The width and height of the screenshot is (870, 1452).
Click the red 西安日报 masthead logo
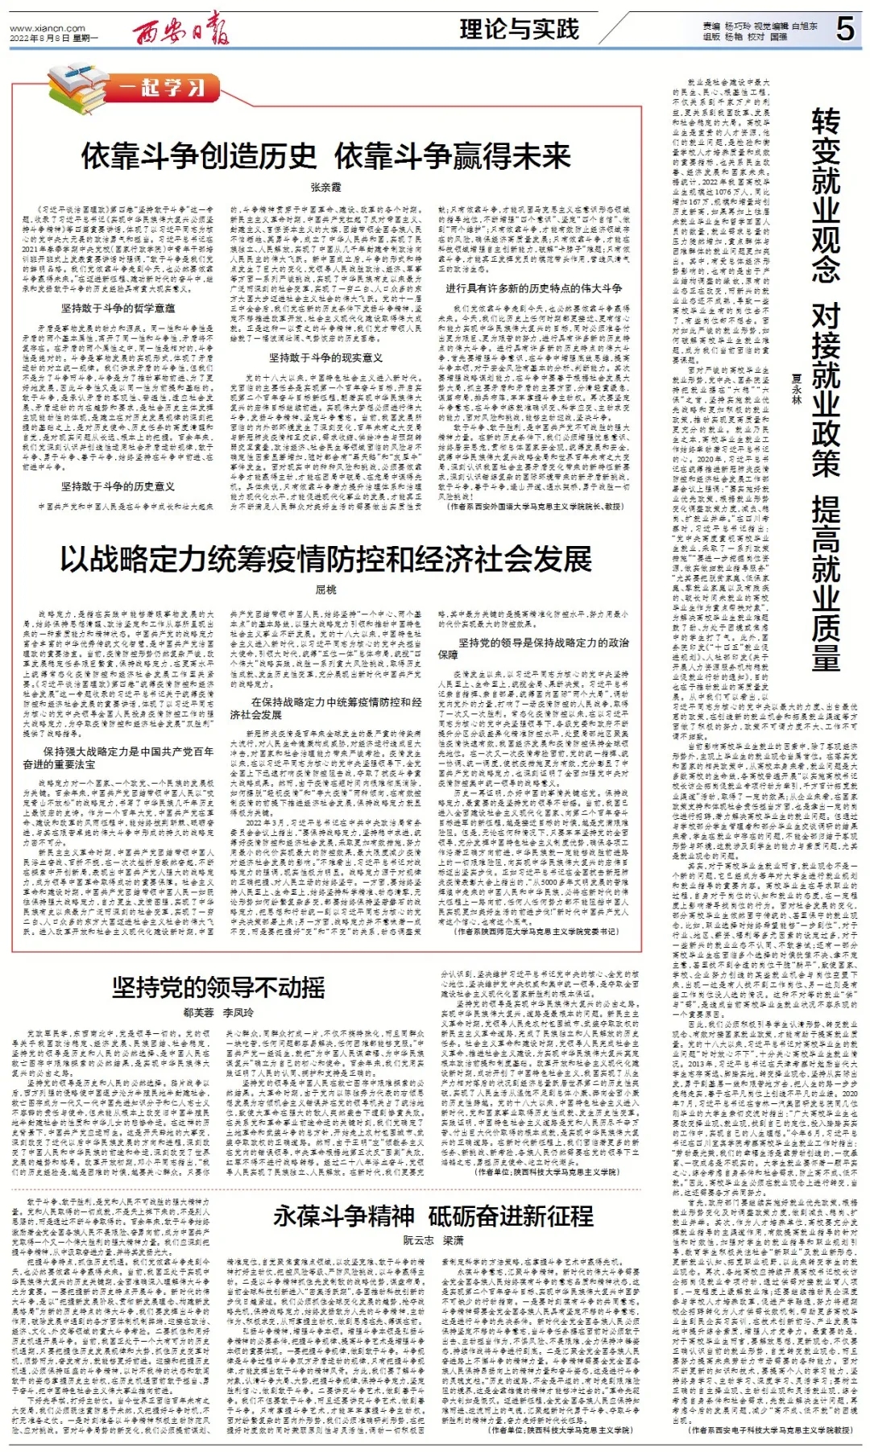tap(181, 30)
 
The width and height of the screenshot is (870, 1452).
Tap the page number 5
tap(844, 30)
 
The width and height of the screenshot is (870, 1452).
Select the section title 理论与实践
tap(520, 30)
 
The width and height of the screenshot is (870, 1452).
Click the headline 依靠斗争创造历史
tap(199, 156)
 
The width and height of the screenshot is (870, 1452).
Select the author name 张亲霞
tap(325, 187)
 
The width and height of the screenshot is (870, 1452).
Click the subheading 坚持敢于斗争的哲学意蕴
tap(118, 308)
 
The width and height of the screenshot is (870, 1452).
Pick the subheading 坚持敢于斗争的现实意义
tap(325, 358)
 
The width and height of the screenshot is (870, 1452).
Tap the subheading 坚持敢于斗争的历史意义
tap(118, 486)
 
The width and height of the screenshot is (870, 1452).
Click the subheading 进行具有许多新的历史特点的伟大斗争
tap(533, 288)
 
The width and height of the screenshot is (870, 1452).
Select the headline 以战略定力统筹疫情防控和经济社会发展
tap(325, 559)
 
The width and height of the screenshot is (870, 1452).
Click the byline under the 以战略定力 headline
tap(325, 589)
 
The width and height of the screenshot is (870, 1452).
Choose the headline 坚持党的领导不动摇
tap(218, 987)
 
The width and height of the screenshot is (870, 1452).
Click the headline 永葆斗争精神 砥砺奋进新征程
tap(433, 1216)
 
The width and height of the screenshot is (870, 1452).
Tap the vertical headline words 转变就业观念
tap(826, 197)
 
